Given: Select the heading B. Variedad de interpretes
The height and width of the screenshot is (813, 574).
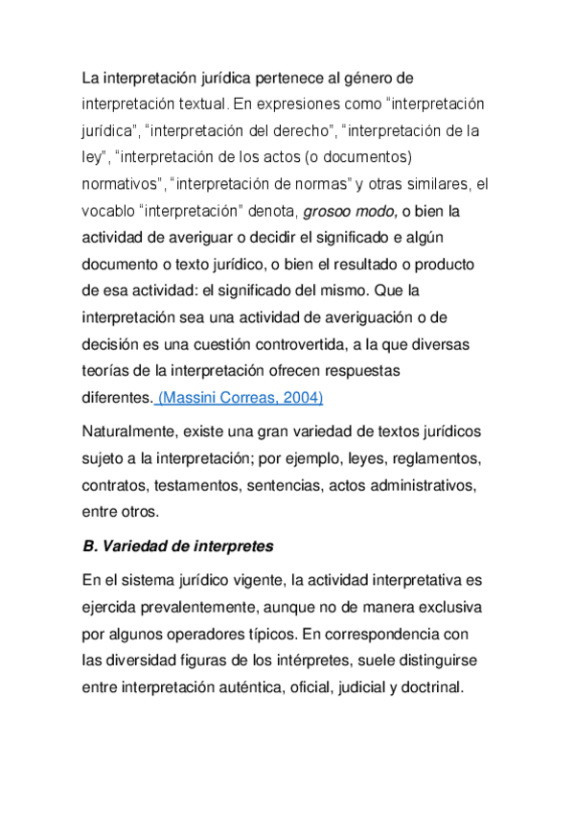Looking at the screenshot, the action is click(178, 547).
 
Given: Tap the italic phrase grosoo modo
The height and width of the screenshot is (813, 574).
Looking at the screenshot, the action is click(351, 210).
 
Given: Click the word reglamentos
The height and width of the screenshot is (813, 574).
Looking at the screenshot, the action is click(434, 457).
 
